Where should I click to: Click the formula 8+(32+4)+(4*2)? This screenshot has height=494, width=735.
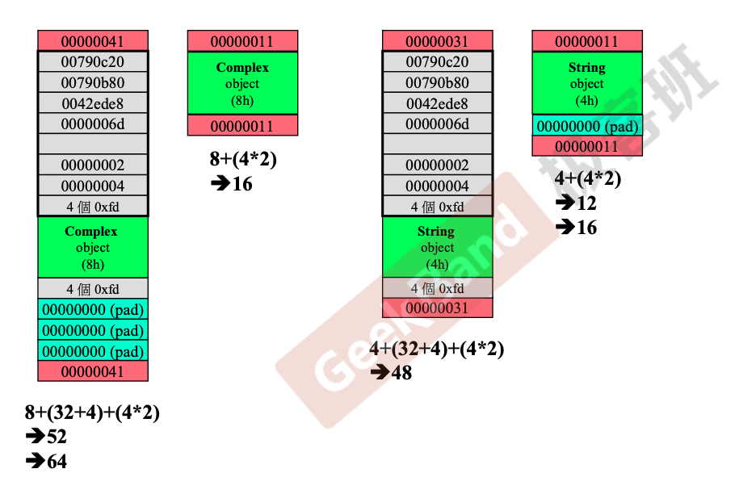92,412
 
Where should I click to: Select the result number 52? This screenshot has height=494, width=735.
57,437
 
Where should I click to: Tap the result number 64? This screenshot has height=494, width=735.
57,461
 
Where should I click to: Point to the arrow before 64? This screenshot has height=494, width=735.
36,461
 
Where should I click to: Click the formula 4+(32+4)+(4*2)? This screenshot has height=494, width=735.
437,349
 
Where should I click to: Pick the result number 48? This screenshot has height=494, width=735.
401,373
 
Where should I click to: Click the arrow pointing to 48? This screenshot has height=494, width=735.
380,373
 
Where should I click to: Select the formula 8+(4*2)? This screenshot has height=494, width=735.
243,159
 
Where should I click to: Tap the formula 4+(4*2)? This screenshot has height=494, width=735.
588,178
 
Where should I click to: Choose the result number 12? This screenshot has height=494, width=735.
587,203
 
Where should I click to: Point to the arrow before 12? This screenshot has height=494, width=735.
565,203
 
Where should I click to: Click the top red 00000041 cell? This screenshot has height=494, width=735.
93,40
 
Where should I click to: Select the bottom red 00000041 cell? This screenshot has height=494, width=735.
93,371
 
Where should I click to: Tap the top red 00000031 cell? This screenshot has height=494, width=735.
437,40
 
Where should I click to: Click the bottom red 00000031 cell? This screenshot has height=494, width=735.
437,308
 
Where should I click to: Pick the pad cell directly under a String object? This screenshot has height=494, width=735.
587,125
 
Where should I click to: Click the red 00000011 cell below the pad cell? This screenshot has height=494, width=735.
587,146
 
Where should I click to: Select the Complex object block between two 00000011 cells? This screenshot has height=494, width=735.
243,83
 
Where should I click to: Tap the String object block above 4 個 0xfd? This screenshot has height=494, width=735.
437,247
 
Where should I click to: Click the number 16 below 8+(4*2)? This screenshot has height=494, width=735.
242,183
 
